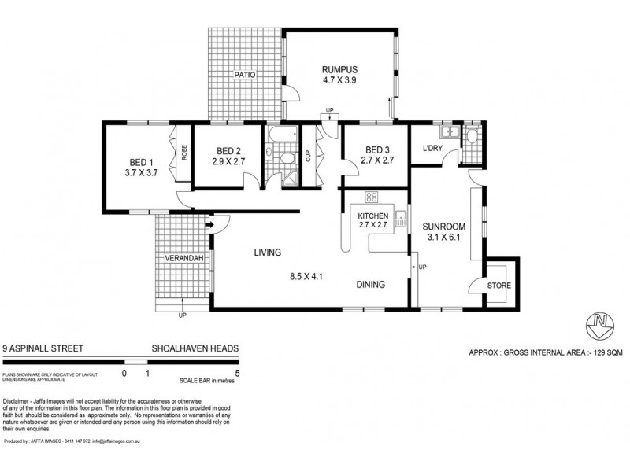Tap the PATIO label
coord(245,75)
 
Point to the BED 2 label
coord(228,152)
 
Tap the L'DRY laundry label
coord(432,149)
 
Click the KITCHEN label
coord(374,216)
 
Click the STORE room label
coord(498,286)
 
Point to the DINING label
coord(370,285)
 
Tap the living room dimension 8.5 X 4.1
coord(306,277)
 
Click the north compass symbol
coord(600,323)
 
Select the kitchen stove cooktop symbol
coord(371,197)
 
